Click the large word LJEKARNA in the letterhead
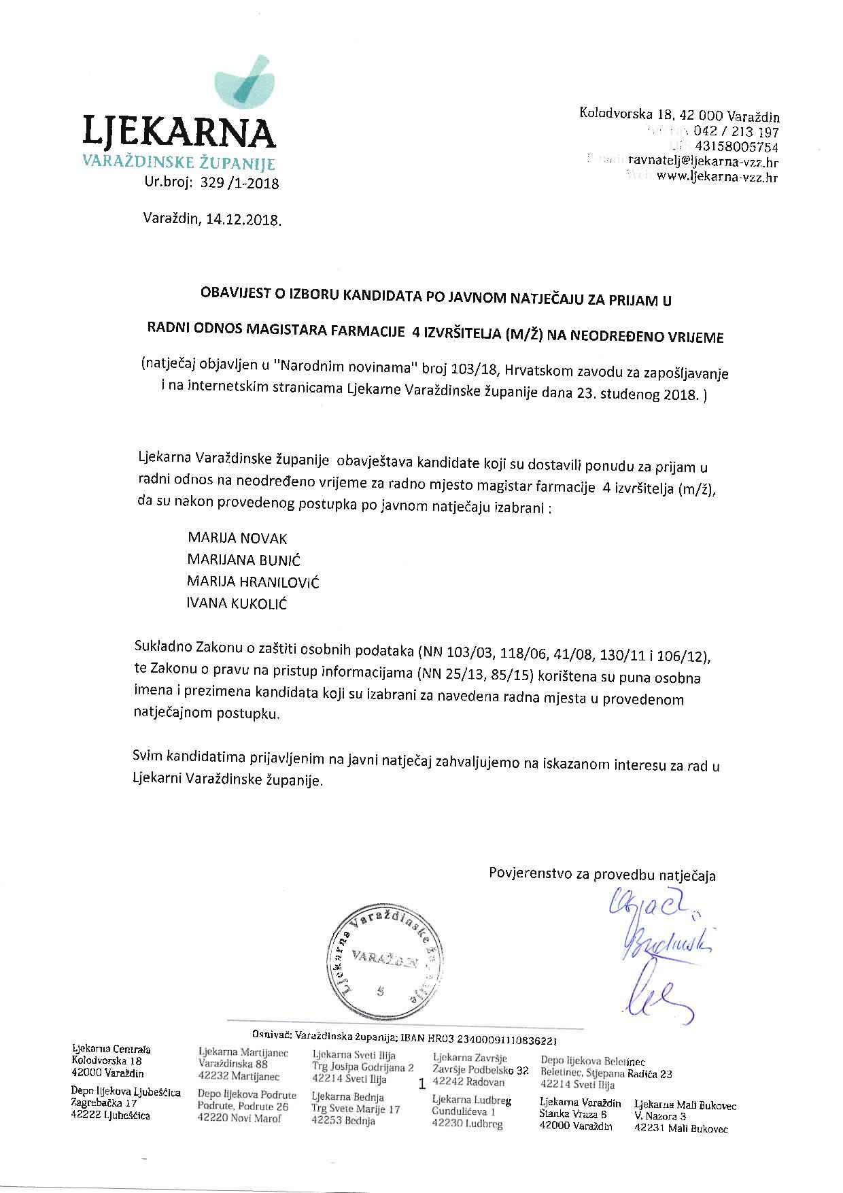pyautogui.click(x=179, y=133)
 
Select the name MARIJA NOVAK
pyautogui.click(x=237, y=539)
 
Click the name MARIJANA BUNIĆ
pyautogui.click(x=243, y=560)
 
